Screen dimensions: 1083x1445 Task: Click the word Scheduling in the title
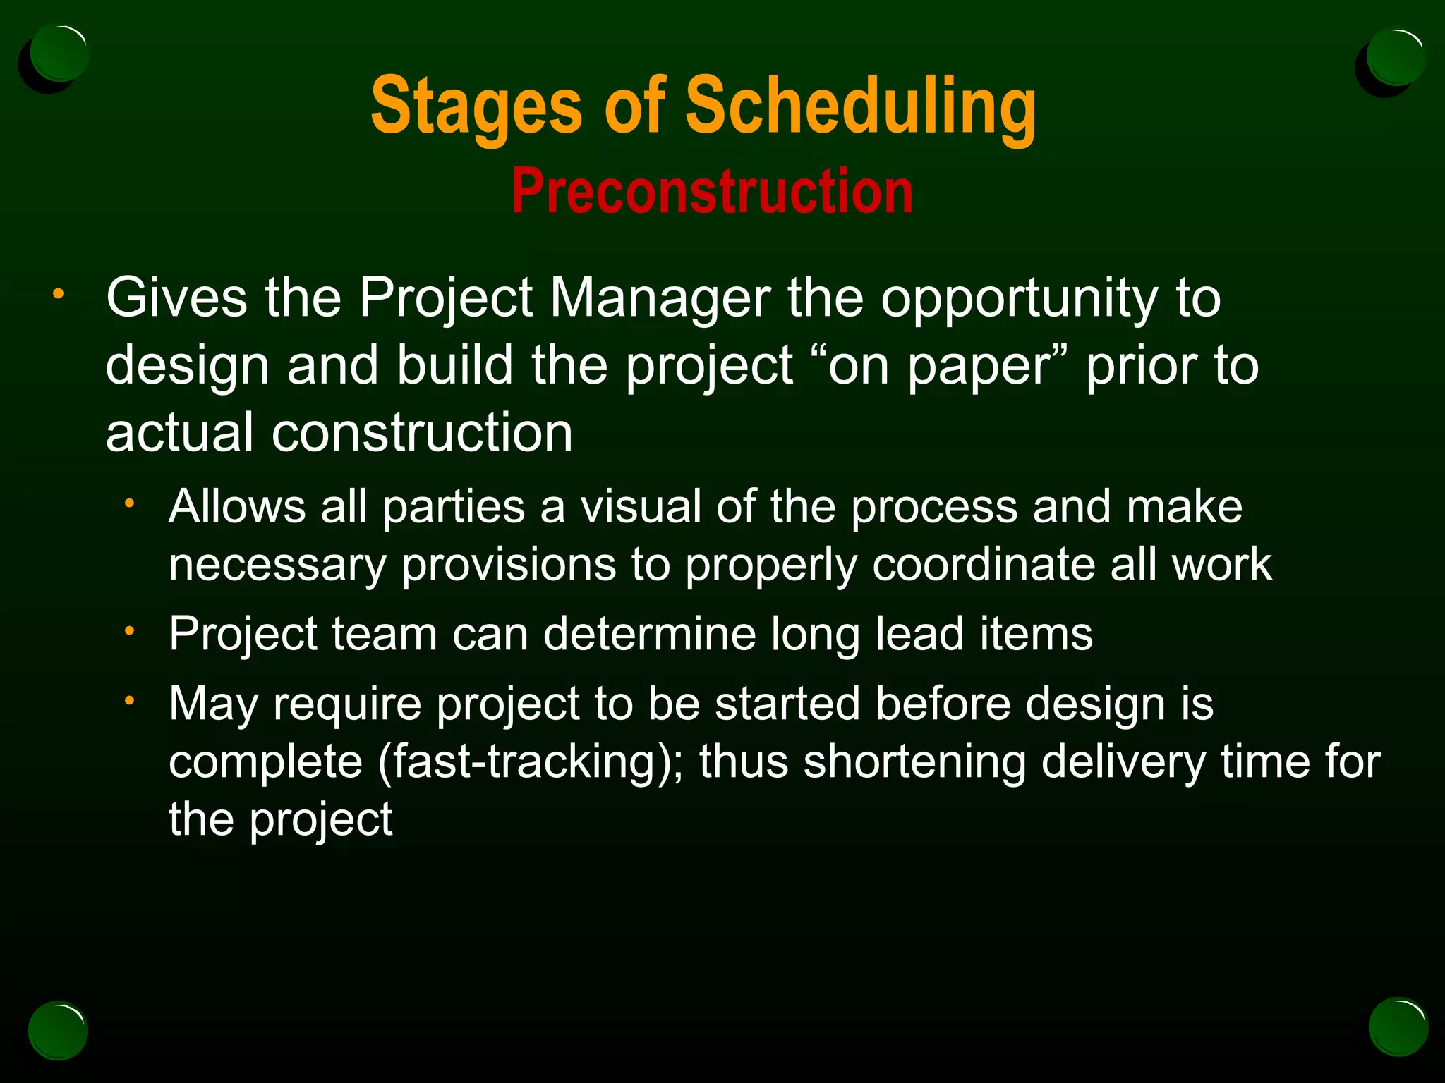coord(860,107)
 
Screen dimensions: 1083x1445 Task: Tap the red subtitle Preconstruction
coord(712,192)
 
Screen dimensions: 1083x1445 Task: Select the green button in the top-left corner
coord(60,54)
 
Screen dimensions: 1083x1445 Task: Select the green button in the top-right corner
coord(1395,56)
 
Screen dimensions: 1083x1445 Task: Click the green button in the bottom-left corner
coord(58,1030)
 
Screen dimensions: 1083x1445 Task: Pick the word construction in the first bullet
coord(422,432)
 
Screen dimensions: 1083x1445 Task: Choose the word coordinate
coord(983,565)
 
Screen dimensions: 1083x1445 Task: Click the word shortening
coord(914,762)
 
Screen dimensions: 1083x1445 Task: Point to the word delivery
coord(1123,762)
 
